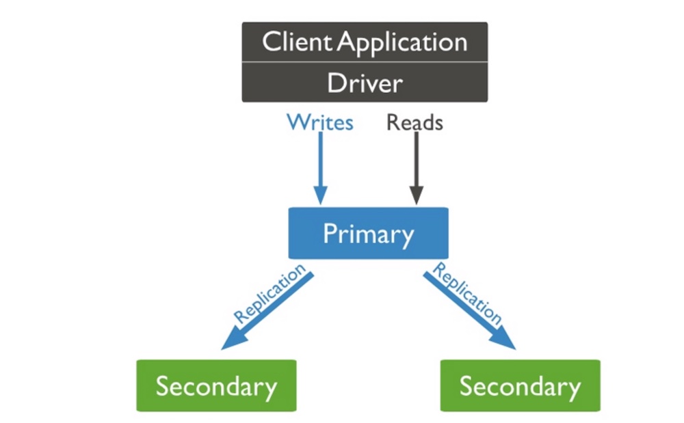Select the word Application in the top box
pyautogui.click(x=404, y=43)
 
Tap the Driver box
pyautogui.click(x=365, y=83)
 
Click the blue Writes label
pyautogui.click(x=320, y=123)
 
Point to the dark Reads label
pyautogui.click(x=415, y=123)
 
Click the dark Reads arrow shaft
pyautogui.click(x=416, y=161)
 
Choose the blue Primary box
pyautogui.click(x=368, y=234)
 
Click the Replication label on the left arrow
pyautogui.click(x=269, y=295)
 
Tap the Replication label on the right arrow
pyautogui.click(x=468, y=295)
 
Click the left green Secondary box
pyautogui.click(x=216, y=385)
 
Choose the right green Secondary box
pyautogui.click(x=520, y=385)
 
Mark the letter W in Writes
pyautogui.click(x=297, y=123)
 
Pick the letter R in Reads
pyautogui.click(x=393, y=123)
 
